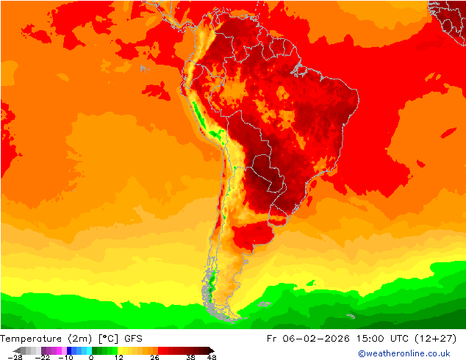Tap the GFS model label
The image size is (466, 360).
(133, 339)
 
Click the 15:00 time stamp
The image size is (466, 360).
(371, 339)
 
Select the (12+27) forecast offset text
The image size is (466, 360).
(439, 339)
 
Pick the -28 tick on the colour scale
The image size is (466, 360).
(15, 357)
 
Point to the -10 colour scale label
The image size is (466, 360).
(65, 357)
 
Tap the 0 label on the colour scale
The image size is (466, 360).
(91, 357)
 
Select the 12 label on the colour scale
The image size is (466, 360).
(118, 357)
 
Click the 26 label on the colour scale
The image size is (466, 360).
(154, 357)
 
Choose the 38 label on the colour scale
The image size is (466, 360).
(190, 357)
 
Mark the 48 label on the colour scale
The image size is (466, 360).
(212, 357)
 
